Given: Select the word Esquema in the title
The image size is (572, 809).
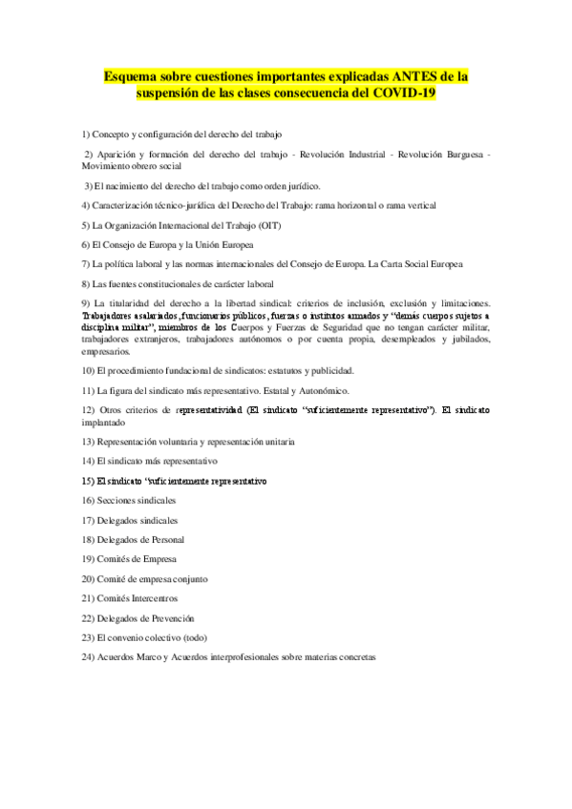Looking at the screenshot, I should click(134, 74).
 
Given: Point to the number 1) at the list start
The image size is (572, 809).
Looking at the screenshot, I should click(87, 135).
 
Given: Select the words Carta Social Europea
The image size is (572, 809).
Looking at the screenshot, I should click(425, 263).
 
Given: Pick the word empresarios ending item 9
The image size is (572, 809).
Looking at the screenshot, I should click(107, 350).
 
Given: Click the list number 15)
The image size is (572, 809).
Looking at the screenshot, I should click(88, 481).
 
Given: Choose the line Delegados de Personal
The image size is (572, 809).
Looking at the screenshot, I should click(133, 540).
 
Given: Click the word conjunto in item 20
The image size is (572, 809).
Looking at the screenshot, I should click(189, 579).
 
